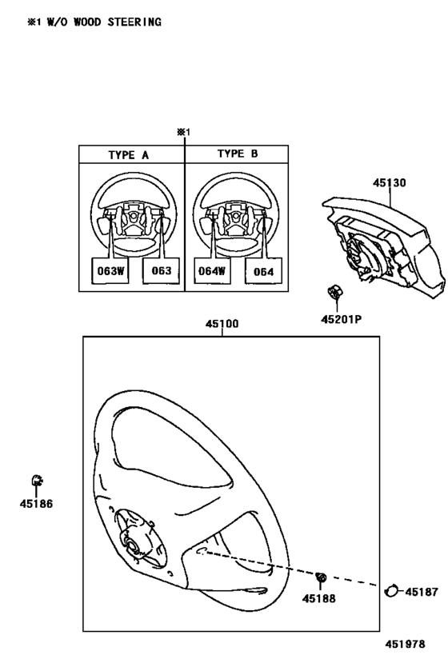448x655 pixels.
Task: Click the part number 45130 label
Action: point(389,183)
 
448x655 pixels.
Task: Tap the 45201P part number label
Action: point(341,320)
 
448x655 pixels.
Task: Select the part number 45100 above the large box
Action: point(222,324)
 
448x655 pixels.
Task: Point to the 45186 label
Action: point(36,504)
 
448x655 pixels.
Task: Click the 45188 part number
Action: point(319,598)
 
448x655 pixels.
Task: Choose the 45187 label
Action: point(422,592)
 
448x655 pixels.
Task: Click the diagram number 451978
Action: point(405,644)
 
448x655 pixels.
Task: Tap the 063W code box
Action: point(110,270)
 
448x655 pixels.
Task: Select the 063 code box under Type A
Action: point(162,270)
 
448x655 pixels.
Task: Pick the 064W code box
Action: point(212,271)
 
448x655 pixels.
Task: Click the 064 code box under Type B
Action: point(263,272)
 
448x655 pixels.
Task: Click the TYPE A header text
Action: point(128,155)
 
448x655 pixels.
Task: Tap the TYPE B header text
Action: point(238,154)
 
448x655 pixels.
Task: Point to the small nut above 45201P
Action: point(334,292)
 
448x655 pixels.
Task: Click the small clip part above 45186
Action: point(37,481)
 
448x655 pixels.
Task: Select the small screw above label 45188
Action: point(321,577)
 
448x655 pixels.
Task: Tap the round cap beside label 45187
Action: point(390,591)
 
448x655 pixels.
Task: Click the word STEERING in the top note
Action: point(134,22)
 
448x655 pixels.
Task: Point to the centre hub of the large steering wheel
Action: point(133,546)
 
